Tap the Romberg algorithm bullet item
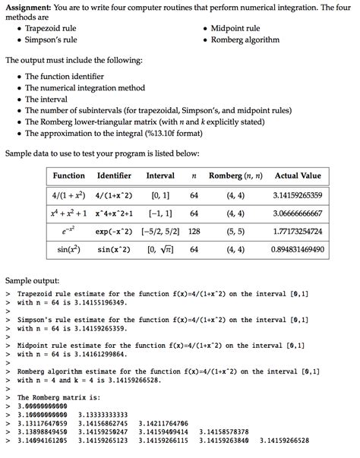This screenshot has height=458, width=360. pyautogui.click(x=244, y=39)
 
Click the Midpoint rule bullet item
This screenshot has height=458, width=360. pyautogui.click(x=232, y=28)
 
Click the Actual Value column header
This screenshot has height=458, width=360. pyautogui.click(x=298, y=175)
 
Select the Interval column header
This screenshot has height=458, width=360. pyautogui.click(x=160, y=175)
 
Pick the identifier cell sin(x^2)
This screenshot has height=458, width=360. pyautogui.click(x=114, y=249)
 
